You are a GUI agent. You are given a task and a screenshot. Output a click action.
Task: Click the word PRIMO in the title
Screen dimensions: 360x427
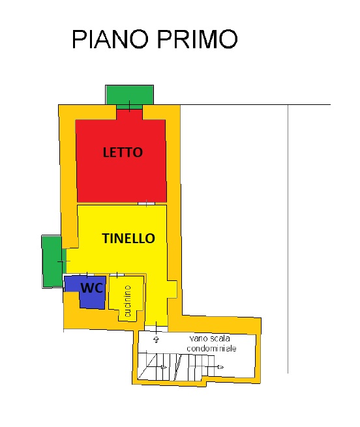click(198, 39)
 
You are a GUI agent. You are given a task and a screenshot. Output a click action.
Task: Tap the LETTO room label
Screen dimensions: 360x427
click(123, 153)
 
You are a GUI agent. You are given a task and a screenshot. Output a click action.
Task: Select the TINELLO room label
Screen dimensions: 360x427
click(128, 239)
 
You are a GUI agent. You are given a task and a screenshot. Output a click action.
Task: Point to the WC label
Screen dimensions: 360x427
click(92, 288)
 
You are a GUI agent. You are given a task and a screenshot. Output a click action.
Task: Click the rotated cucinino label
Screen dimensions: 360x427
click(127, 301)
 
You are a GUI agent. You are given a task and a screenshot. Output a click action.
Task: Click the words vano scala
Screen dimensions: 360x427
click(209, 338)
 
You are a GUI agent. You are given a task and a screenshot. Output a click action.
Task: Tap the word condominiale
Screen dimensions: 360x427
click(211, 348)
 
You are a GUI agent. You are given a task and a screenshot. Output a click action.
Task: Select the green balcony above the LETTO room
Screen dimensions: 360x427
click(129, 95)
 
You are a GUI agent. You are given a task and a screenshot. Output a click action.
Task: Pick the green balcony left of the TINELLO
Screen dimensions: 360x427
click(52, 261)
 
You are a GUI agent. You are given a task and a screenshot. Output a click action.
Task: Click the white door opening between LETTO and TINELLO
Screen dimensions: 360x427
click(146, 203)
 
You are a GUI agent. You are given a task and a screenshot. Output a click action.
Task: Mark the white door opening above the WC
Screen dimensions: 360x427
click(87, 274)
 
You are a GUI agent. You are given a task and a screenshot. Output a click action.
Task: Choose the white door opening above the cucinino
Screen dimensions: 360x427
click(117, 274)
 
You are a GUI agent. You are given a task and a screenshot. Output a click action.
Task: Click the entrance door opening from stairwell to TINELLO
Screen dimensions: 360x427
click(156, 329)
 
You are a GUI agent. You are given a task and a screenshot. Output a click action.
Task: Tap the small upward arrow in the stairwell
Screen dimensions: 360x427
click(156, 339)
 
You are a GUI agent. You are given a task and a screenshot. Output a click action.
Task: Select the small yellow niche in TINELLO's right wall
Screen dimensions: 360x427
click(172, 289)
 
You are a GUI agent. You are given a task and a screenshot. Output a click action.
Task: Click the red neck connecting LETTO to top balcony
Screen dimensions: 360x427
click(129, 114)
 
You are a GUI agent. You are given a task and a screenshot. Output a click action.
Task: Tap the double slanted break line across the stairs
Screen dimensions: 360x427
click(178, 367)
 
